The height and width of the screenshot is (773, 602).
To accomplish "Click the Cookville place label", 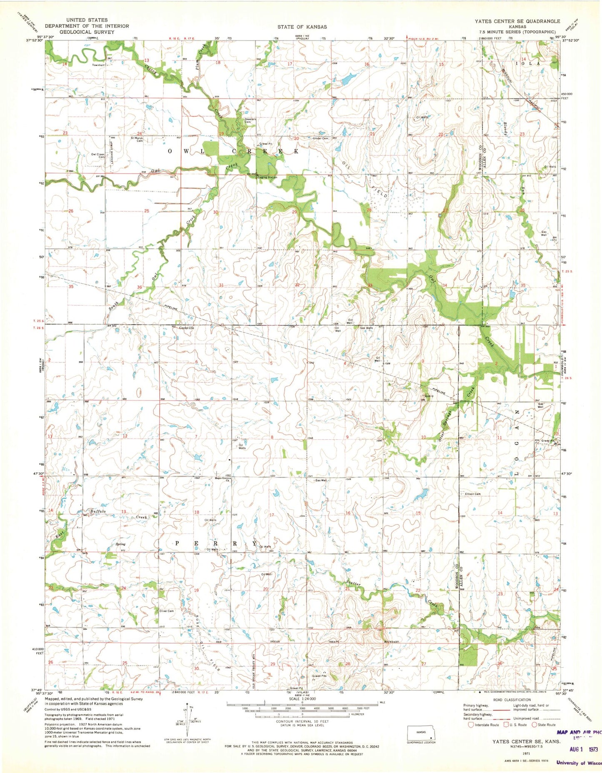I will [x=186, y=328].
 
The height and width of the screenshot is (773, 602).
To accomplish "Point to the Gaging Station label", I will [x=267, y=177].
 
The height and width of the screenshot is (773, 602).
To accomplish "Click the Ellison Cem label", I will [x=470, y=494].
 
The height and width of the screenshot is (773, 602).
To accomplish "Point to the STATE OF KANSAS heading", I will [x=302, y=27].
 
